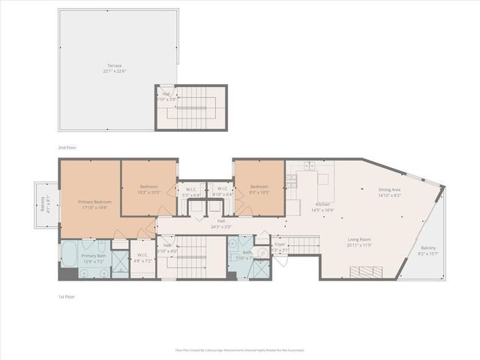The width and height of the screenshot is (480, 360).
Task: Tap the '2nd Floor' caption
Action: pos(67,148)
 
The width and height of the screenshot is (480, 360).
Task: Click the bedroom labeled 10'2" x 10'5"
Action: pos(149,190)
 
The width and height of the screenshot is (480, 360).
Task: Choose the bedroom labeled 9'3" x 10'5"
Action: pos(259,190)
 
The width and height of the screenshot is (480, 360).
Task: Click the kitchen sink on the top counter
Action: pos(309,166)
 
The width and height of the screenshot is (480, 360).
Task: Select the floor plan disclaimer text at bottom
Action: pos(240,349)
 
